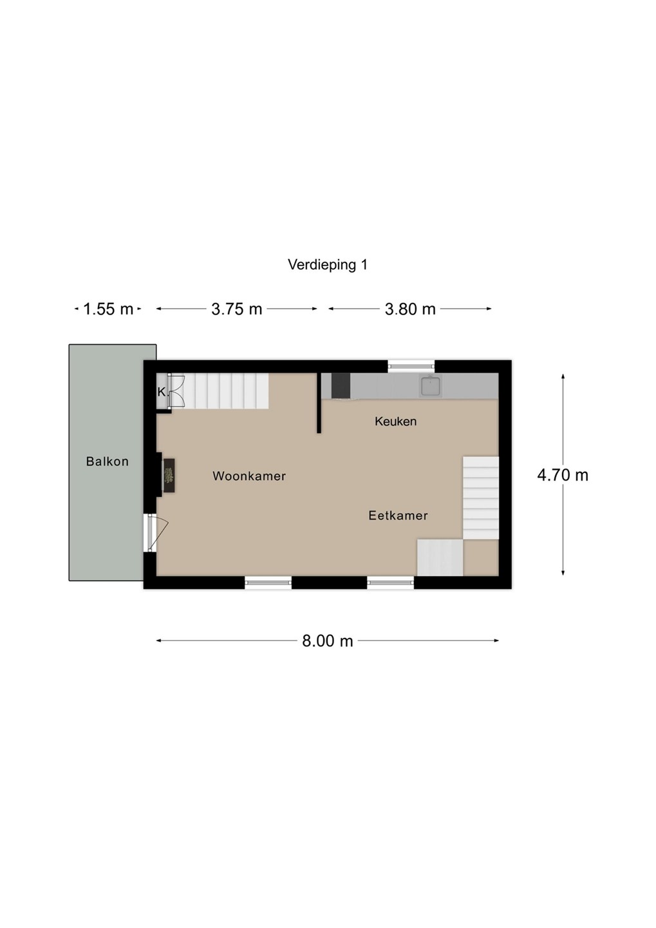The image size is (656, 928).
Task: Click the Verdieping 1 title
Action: (x=328, y=265)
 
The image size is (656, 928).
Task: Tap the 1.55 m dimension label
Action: (x=108, y=309)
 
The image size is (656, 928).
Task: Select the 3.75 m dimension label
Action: (x=237, y=309)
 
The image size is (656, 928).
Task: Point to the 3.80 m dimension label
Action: (x=410, y=309)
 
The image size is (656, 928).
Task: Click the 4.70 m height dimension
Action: (x=563, y=475)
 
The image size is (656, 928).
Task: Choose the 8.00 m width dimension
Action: (x=328, y=641)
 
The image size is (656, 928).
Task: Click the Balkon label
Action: (x=108, y=461)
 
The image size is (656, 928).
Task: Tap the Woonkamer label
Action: (x=249, y=476)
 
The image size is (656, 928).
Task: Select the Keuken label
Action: (x=396, y=421)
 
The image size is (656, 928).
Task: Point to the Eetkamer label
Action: (x=398, y=516)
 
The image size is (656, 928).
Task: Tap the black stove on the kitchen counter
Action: (x=341, y=385)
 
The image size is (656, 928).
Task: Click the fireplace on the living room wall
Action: (x=168, y=475)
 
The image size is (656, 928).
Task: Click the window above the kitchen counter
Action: (x=411, y=366)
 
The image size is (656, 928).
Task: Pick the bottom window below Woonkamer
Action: (x=268, y=583)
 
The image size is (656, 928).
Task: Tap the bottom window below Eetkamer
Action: (x=390, y=583)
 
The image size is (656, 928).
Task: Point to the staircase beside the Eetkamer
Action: (x=480, y=498)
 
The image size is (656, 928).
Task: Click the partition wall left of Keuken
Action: (x=319, y=403)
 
